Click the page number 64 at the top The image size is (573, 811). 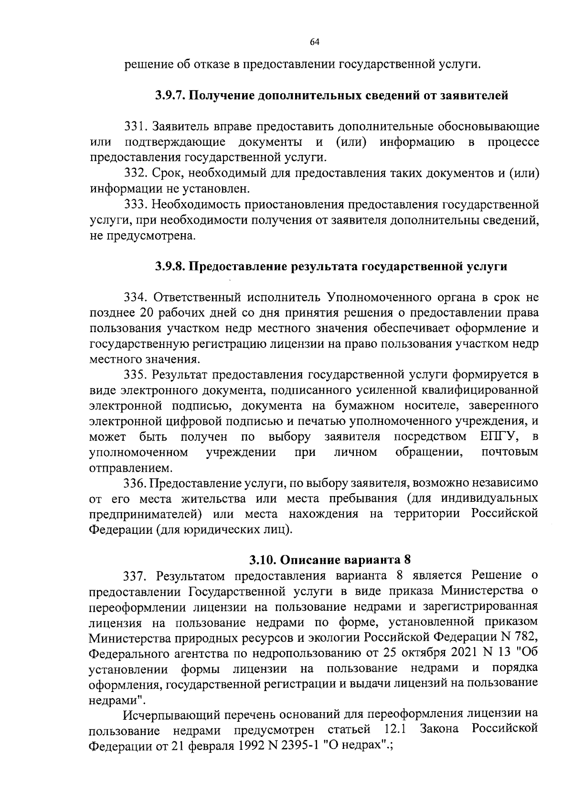[314, 42]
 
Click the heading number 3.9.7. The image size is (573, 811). [171, 96]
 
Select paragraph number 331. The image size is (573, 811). [136, 127]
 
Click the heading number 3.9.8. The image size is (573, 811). [171, 266]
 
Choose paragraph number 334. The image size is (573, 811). [137, 297]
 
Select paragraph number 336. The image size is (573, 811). [136, 483]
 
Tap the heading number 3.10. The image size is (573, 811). [263, 559]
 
